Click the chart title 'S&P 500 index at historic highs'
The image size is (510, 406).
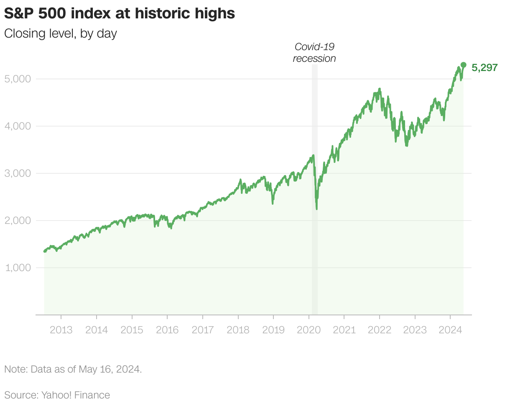120,14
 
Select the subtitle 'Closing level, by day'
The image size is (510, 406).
61,34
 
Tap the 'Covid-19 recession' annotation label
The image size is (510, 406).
314,53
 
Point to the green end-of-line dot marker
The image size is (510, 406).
463,65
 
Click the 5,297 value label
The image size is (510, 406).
484,68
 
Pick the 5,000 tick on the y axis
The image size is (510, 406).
18,79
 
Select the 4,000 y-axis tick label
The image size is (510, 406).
18,126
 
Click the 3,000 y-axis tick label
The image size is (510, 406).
18,173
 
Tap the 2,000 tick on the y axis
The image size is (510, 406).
18,220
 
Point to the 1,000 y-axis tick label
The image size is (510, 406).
18,267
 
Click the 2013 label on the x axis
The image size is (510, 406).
61,330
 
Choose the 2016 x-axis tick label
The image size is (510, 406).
167,330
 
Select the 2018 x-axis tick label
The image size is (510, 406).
238,330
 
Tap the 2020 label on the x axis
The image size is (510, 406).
309,330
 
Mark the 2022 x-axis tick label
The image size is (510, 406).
380,330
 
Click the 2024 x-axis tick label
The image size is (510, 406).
450,330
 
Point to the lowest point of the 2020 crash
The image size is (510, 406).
317,209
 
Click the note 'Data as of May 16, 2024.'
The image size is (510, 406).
73,369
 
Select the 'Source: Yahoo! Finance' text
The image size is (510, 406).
57,395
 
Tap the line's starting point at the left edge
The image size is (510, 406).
44,251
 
